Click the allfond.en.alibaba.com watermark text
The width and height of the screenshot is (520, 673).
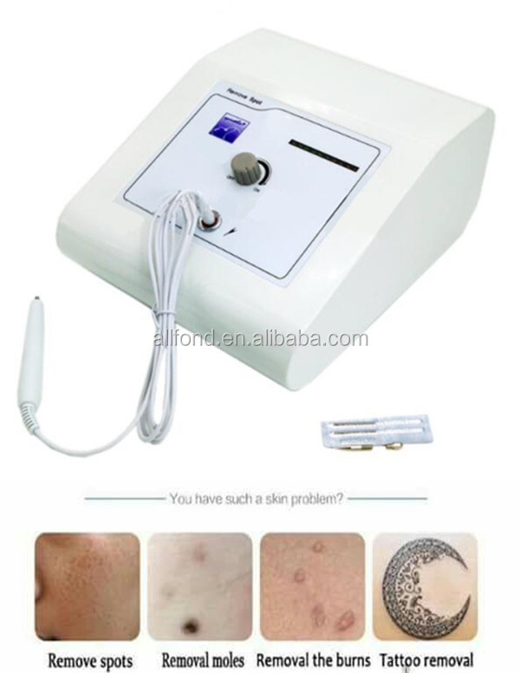tap(260, 339)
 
